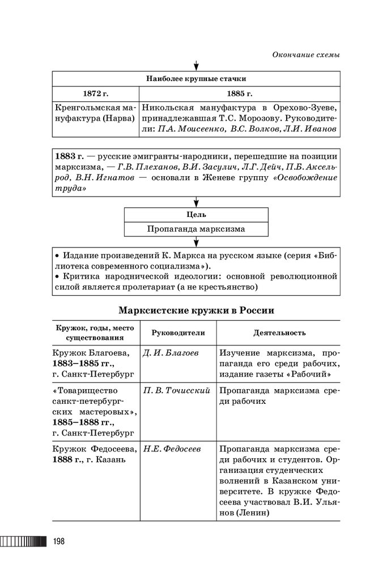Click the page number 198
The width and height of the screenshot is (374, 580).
point(58,541)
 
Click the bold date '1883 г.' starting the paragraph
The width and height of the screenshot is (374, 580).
point(69,156)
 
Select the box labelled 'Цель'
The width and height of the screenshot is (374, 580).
point(195,215)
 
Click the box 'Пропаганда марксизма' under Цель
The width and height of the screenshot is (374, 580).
point(195,229)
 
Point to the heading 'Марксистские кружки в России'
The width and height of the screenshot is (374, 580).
point(196,310)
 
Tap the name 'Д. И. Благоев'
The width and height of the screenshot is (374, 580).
point(171,353)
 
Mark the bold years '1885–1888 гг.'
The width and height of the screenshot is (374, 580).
point(82,423)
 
